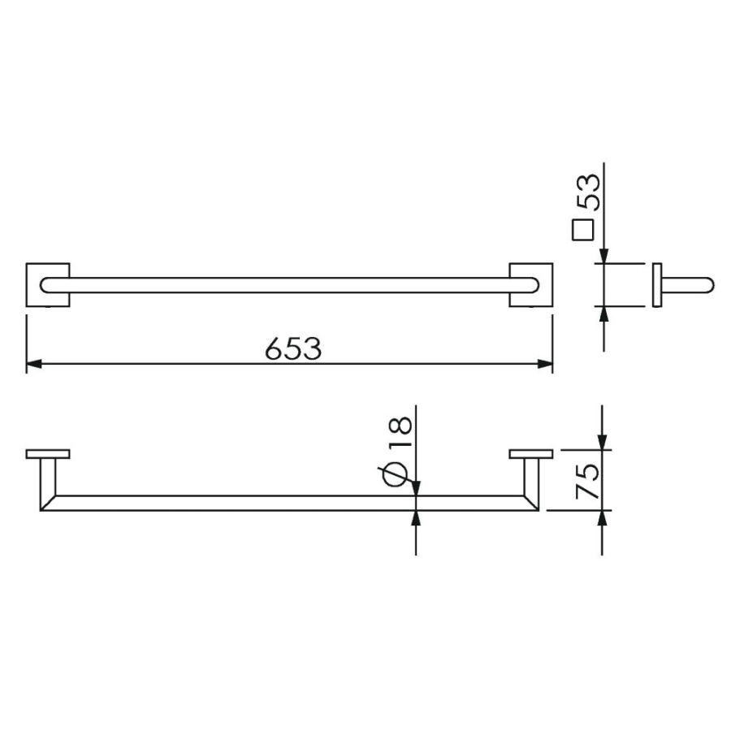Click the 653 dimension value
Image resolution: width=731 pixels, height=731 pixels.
pyautogui.click(x=293, y=348)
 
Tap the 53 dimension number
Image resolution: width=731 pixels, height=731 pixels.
pyautogui.click(x=588, y=191)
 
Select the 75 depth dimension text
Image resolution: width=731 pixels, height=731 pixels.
pyautogui.click(x=587, y=481)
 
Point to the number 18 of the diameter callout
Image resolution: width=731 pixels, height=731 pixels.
pyautogui.click(x=400, y=432)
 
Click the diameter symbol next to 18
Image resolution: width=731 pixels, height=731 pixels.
pyautogui.click(x=396, y=474)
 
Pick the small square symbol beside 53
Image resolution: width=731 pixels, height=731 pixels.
pyautogui.click(x=582, y=230)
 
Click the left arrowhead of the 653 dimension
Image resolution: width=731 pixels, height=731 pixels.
pyautogui.click(x=33, y=364)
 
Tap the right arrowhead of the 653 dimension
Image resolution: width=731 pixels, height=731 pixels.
pyautogui.click(x=545, y=364)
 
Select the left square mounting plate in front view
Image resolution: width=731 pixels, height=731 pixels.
pyautogui.click(x=48, y=285)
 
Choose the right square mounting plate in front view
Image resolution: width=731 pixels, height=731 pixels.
pyautogui.click(x=531, y=285)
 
